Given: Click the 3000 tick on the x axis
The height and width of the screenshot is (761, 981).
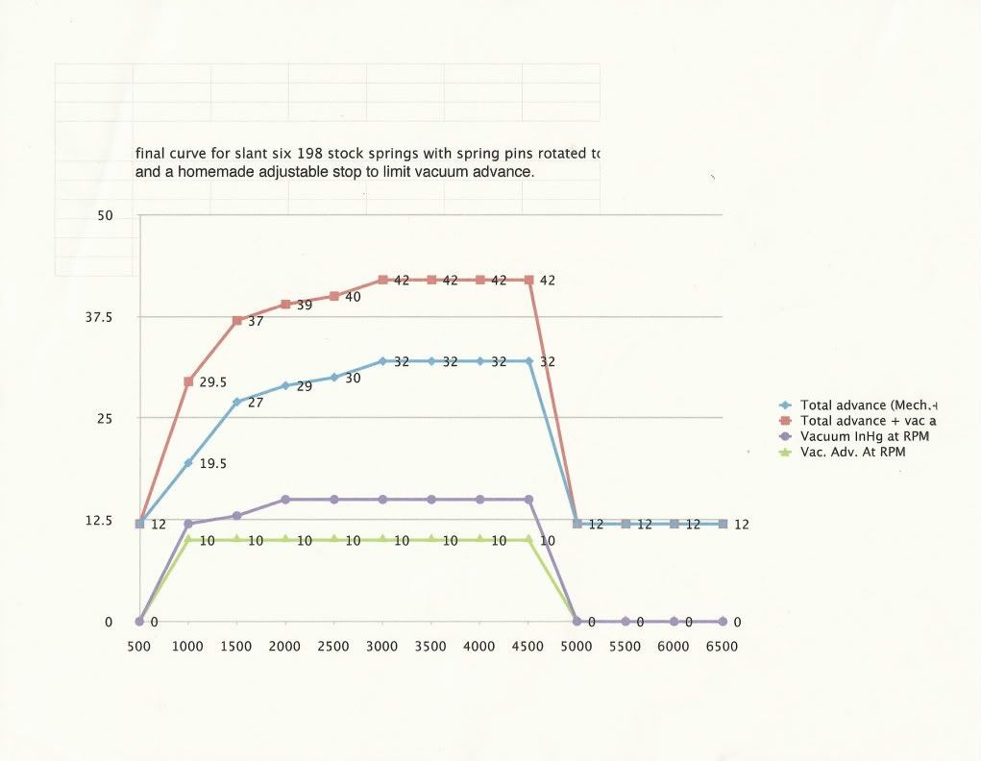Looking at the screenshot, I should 382,647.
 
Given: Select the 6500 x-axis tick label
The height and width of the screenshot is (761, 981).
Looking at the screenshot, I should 722,647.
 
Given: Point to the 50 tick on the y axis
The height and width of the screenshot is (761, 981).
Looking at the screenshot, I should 105,216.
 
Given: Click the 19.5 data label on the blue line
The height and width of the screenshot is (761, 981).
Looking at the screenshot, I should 213,463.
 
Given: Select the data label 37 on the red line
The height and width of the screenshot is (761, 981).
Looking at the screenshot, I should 256,322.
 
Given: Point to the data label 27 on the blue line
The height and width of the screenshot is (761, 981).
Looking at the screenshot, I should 256,404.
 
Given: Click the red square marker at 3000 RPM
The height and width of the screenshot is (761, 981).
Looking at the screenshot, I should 382,280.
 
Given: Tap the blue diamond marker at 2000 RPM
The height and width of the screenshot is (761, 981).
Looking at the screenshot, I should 285,386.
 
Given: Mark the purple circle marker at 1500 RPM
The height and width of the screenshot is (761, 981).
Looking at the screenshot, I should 236,516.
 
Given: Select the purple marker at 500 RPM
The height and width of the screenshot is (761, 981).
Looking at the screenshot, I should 139,622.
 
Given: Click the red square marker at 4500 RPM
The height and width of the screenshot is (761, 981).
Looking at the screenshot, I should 528,280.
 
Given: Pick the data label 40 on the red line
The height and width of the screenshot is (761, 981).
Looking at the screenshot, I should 353,297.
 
